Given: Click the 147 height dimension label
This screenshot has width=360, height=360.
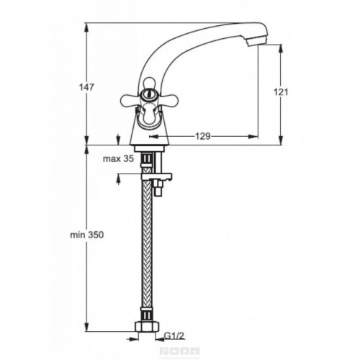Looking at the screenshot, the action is pos(86,87).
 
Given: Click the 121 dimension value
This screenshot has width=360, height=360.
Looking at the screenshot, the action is pos(281,92).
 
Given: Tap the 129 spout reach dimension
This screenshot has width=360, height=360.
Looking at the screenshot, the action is pos(203,136).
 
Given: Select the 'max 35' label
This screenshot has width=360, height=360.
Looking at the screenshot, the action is pos(118,158).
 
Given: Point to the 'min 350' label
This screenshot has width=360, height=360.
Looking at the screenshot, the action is pos(87,235).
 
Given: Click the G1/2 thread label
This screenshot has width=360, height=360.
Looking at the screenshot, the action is pos(174,336).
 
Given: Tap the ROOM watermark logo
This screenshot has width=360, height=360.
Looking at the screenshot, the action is pos(180,351).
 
